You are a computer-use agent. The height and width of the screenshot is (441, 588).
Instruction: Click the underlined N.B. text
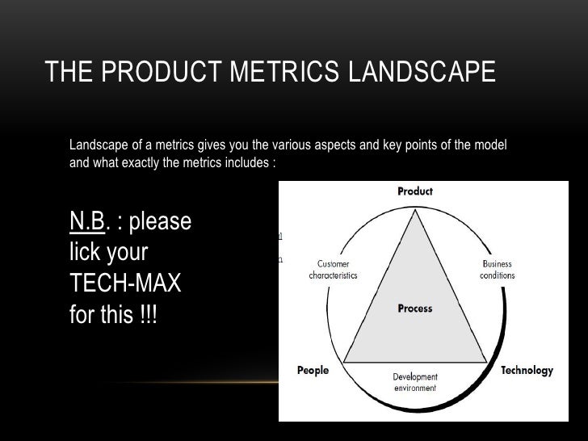click(x=88, y=220)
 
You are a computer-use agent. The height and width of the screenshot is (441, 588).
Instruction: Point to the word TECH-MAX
click(x=126, y=283)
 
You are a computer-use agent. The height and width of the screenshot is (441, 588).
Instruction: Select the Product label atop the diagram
click(x=415, y=191)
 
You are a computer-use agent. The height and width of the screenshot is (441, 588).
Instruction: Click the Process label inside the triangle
click(x=415, y=309)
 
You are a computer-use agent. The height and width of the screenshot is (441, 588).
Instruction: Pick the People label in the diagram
click(x=313, y=371)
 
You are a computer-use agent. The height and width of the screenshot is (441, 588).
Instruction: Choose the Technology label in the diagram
click(x=527, y=371)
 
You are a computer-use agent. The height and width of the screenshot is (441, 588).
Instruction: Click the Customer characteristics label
click(x=333, y=270)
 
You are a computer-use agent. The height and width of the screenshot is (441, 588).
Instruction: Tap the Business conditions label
click(x=497, y=270)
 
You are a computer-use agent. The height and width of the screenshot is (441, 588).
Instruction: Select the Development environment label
click(x=415, y=382)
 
